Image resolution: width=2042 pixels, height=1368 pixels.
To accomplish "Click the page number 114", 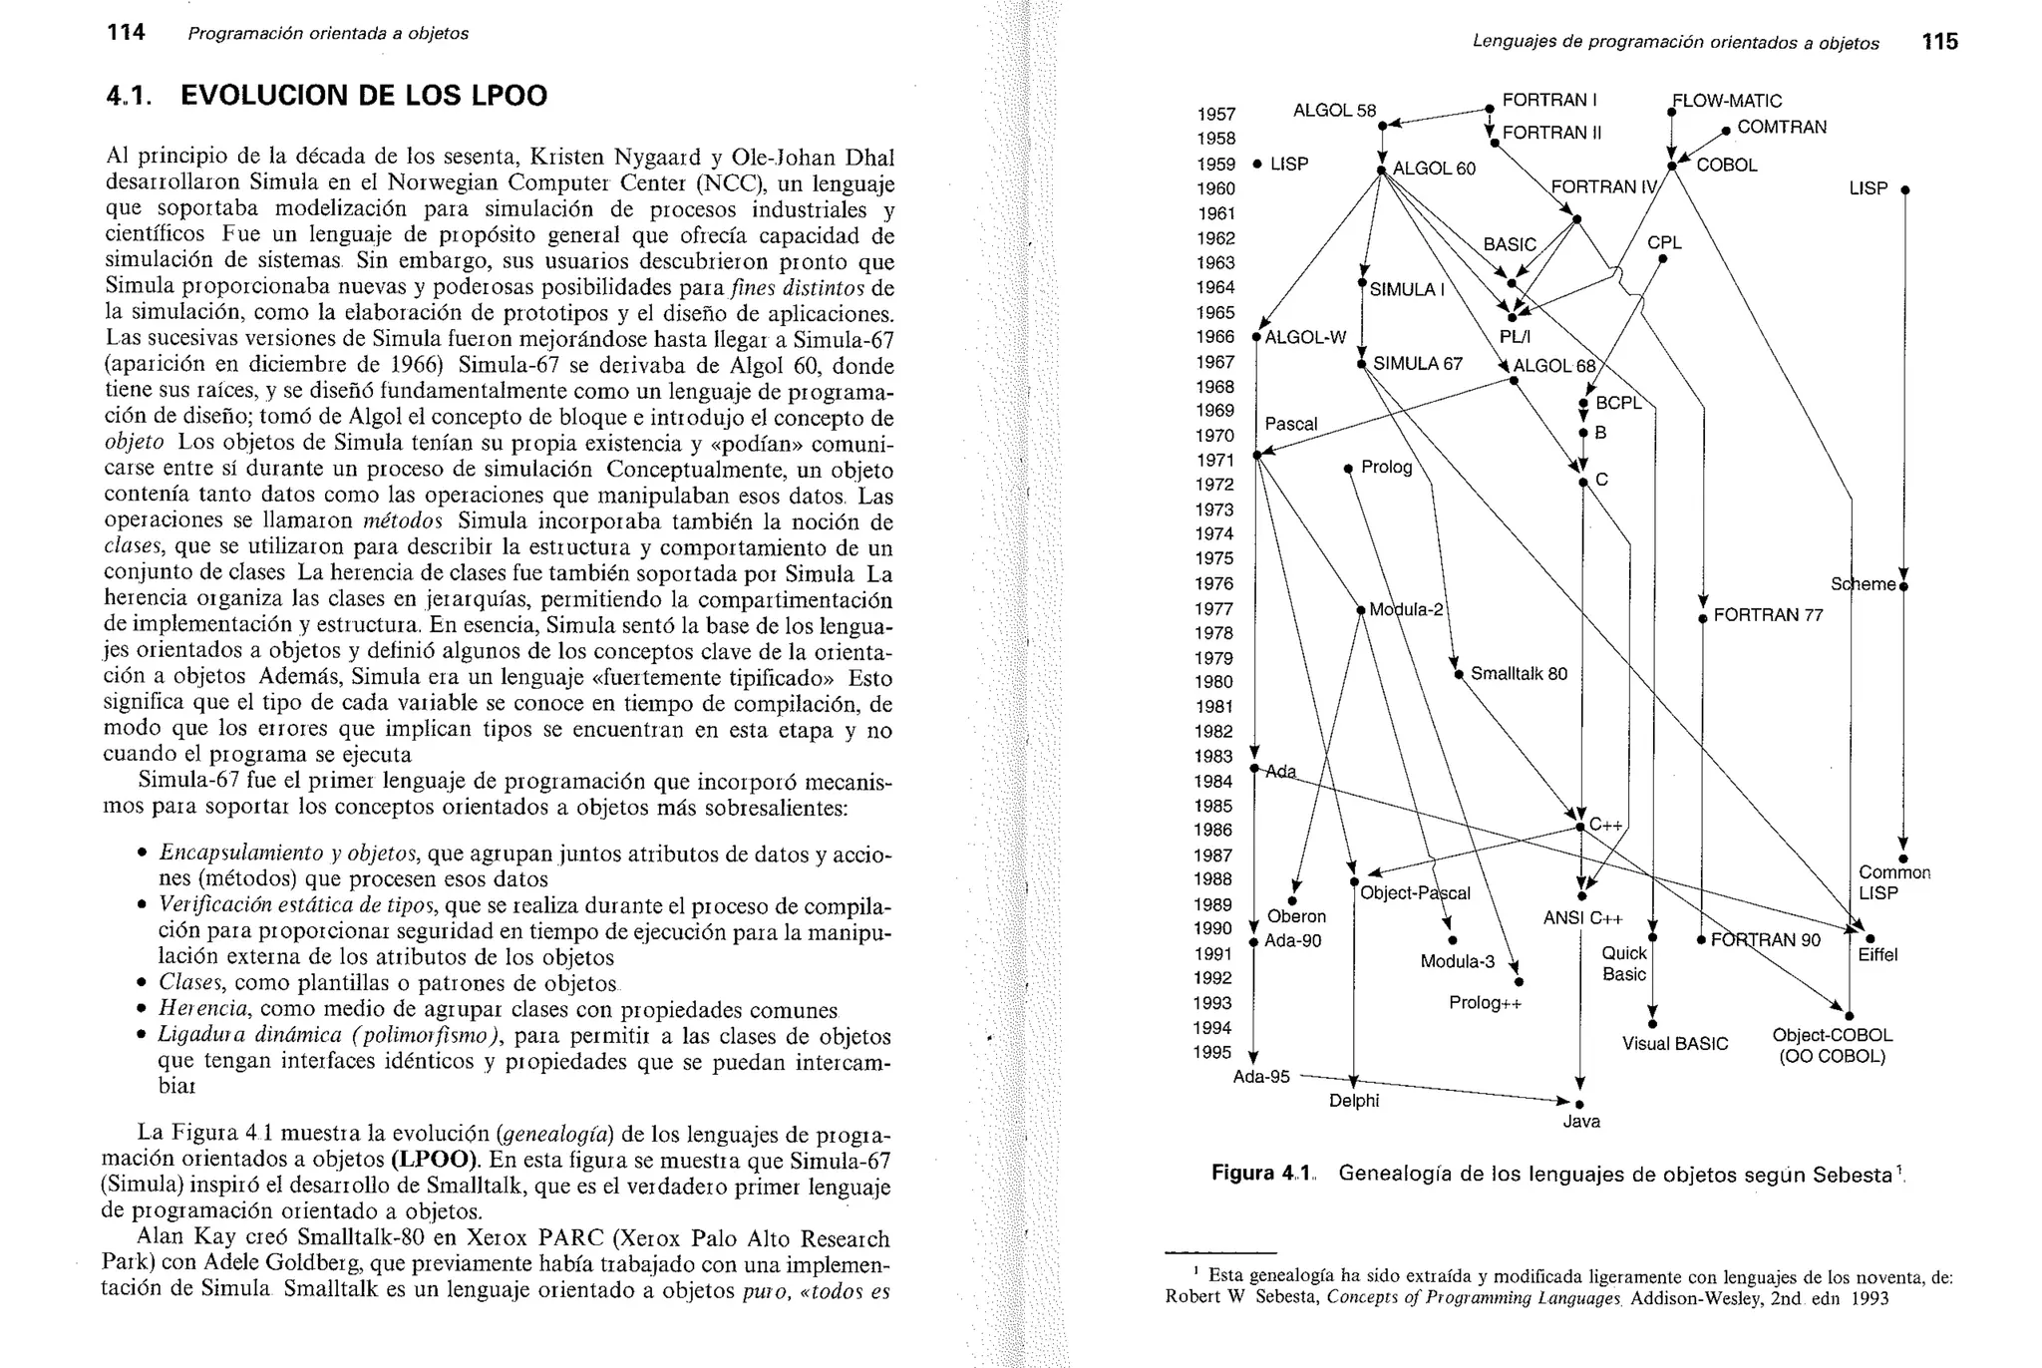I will (126, 33).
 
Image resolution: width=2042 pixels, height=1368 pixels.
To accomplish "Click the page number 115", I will (1940, 41).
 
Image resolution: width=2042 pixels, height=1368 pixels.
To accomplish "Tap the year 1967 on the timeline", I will (1215, 362).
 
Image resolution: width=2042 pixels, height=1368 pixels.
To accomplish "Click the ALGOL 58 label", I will (1334, 110).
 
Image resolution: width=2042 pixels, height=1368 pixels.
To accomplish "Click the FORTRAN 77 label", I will (1768, 615).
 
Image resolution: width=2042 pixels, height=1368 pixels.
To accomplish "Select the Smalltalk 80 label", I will (1519, 674).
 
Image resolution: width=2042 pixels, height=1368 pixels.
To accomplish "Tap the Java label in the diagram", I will (1581, 1122).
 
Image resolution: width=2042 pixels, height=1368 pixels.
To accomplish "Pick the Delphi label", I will (1354, 1101).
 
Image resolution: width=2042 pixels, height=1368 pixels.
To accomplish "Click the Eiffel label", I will (1877, 955).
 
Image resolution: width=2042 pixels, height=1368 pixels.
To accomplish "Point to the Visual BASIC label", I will (1675, 1044).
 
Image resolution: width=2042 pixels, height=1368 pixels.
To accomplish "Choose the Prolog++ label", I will (1486, 1003).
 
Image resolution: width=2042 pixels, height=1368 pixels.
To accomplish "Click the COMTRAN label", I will (1782, 127).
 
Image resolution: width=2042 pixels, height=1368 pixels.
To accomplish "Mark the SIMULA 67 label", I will (1417, 364).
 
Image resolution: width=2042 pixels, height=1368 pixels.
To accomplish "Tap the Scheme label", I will (1862, 584).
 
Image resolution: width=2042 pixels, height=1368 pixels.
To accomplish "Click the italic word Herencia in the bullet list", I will (191, 1010).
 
